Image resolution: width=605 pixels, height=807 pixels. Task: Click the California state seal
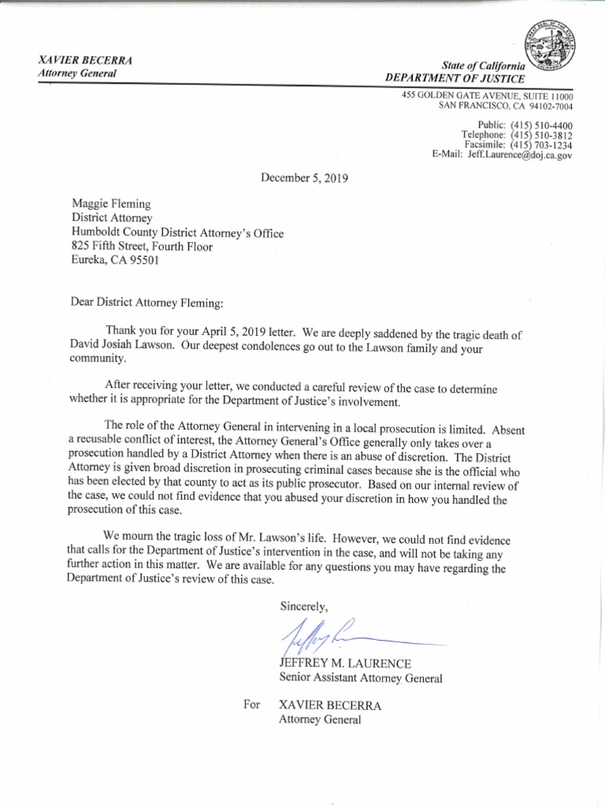[x=548, y=50]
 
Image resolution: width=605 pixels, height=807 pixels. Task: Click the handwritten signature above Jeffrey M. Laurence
[x=331, y=631]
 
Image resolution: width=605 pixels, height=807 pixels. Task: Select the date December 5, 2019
[x=304, y=178]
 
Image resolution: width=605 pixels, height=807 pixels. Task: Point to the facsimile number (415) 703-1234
[x=541, y=146]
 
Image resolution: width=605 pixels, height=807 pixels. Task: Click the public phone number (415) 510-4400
[x=541, y=125]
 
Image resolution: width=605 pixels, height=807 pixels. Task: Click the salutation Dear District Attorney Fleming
[x=150, y=303]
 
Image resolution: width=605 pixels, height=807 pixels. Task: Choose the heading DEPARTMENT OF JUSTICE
[x=455, y=78]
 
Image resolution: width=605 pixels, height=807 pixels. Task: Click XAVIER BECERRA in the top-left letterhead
[x=86, y=61]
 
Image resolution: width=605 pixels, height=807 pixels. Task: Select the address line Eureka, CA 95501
[x=115, y=261]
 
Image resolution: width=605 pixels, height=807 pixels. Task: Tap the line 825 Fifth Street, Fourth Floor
[x=143, y=247]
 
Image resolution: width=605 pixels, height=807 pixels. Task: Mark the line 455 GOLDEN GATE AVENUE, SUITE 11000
[x=487, y=95]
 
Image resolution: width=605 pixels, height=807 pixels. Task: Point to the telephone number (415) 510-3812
[x=541, y=136]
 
